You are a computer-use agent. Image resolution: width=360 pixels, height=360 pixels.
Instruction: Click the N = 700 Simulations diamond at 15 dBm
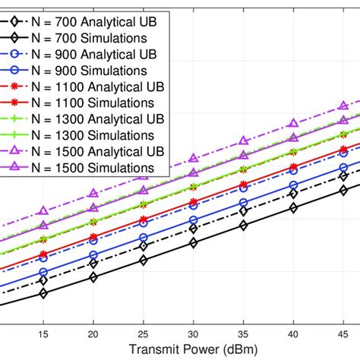[x=43, y=293]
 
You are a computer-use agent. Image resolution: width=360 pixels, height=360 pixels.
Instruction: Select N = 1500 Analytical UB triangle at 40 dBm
[x=294, y=123]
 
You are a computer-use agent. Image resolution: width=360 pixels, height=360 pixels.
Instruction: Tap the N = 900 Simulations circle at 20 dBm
[x=93, y=255]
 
